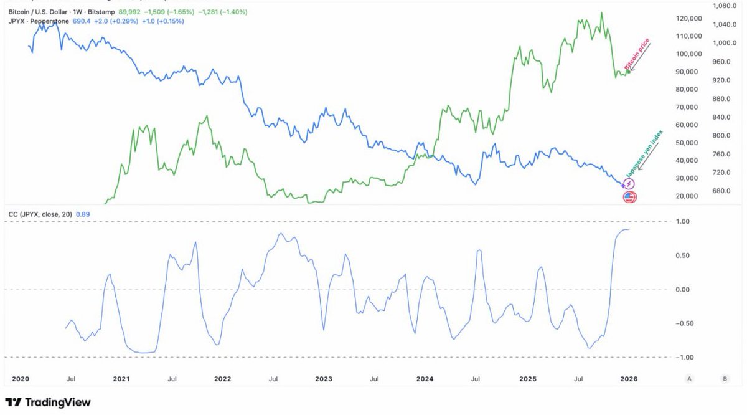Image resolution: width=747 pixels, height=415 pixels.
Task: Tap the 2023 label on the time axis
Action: (x=323, y=379)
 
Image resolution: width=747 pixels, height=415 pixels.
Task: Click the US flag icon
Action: (x=630, y=198)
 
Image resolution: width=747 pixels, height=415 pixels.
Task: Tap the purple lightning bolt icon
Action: (x=629, y=184)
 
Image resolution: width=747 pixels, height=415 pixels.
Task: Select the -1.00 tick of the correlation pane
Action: (x=684, y=357)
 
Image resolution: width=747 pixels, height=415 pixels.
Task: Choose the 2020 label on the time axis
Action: (x=21, y=379)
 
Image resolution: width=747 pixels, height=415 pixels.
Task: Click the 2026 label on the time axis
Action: (x=628, y=379)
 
